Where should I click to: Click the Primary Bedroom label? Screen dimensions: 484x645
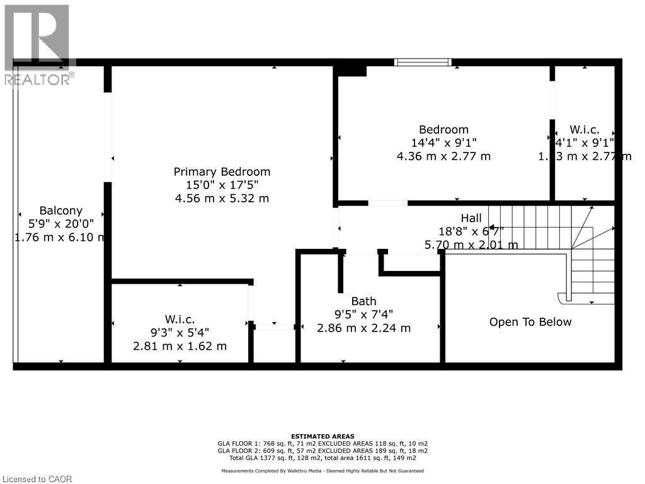coord(222,171)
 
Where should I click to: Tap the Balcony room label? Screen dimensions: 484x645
coord(60,210)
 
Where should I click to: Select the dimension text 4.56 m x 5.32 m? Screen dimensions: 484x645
coord(222,199)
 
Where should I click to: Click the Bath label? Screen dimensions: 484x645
coord(363,301)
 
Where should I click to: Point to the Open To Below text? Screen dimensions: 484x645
coord(530,322)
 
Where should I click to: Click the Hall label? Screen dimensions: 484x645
coord(471,218)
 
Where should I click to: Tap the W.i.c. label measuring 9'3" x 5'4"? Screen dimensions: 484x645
coord(180,320)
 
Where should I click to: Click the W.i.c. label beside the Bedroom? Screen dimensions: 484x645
coord(584,129)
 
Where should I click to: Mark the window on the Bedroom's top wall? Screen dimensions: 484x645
coord(423,62)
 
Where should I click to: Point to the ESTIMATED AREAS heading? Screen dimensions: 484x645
coord(322,436)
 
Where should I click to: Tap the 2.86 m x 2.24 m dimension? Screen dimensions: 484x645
coord(363,328)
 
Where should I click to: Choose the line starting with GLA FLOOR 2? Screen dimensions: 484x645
coord(322,451)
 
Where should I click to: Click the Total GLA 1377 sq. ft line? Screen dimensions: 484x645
coord(322,458)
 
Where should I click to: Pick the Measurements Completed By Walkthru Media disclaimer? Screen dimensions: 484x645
coord(322,471)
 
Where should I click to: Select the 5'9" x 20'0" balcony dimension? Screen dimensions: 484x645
coord(60,224)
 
